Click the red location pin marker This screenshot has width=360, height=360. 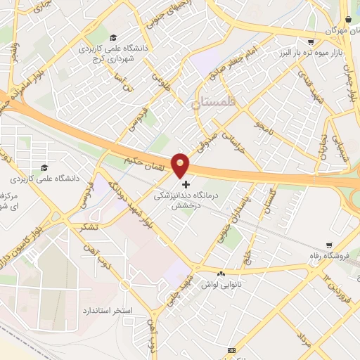[180, 165]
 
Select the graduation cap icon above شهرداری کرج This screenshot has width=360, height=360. [113, 37]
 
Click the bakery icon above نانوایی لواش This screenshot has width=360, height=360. [222, 274]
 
